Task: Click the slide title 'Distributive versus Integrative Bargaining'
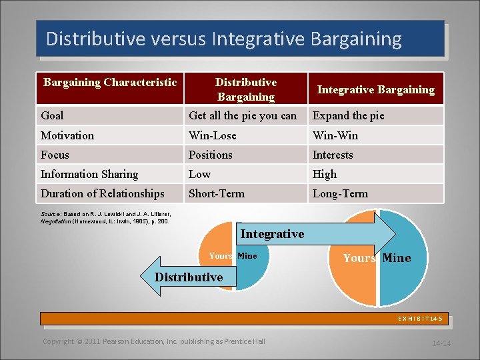[224, 39]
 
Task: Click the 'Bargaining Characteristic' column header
[110, 83]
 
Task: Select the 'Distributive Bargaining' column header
[245, 89]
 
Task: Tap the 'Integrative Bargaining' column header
[375, 89]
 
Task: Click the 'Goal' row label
[53, 115]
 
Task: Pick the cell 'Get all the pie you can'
[243, 115]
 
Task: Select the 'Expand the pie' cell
[349, 115]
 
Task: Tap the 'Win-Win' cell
[335, 135]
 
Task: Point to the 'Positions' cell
[211, 155]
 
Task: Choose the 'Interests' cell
[333, 155]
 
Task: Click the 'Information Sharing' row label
[89, 174]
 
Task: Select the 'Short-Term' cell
[217, 193]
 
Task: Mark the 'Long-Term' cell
[340, 193]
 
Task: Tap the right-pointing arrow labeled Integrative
[313, 234]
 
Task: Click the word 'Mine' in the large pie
[397, 258]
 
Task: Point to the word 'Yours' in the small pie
[221, 256]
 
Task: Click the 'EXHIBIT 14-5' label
[419, 319]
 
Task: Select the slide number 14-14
[441, 343]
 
